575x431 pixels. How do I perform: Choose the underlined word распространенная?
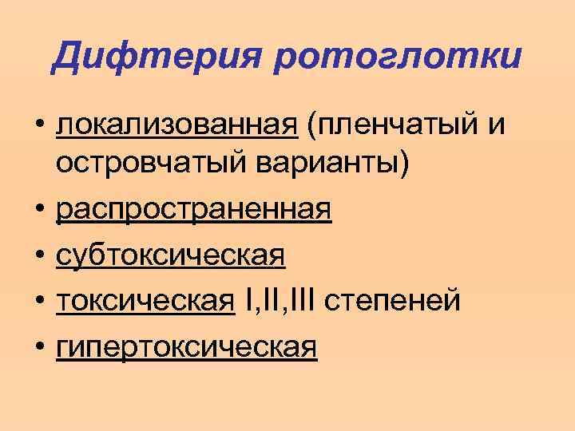coord(193,212)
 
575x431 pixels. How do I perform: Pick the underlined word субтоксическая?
coord(170,257)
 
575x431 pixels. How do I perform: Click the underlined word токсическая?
coord(146,302)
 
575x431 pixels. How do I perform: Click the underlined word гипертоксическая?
coord(187,346)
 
